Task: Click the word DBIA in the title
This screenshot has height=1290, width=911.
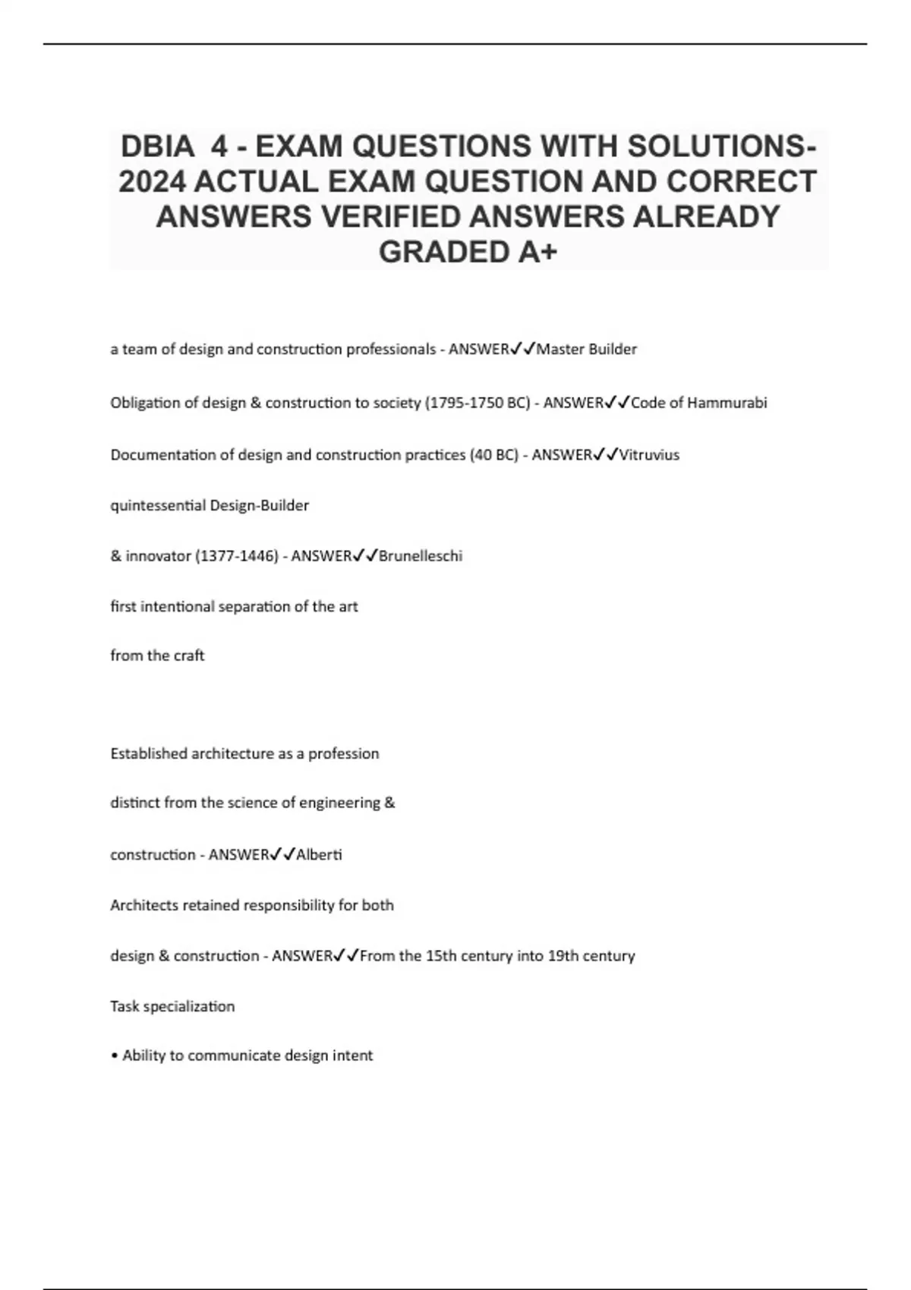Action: tap(156, 146)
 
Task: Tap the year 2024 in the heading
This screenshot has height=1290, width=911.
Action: tap(152, 181)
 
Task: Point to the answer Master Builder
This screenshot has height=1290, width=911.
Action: tap(587, 349)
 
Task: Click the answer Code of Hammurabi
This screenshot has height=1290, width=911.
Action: tap(698, 403)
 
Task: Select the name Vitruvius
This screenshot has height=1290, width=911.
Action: tap(649, 455)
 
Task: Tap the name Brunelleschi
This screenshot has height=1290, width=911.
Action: tap(421, 556)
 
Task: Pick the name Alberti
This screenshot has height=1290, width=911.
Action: tap(319, 855)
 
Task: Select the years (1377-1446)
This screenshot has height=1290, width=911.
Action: tap(236, 556)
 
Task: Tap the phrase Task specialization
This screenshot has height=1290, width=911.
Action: tap(172, 1006)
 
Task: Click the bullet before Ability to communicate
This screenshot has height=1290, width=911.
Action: tap(114, 1056)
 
